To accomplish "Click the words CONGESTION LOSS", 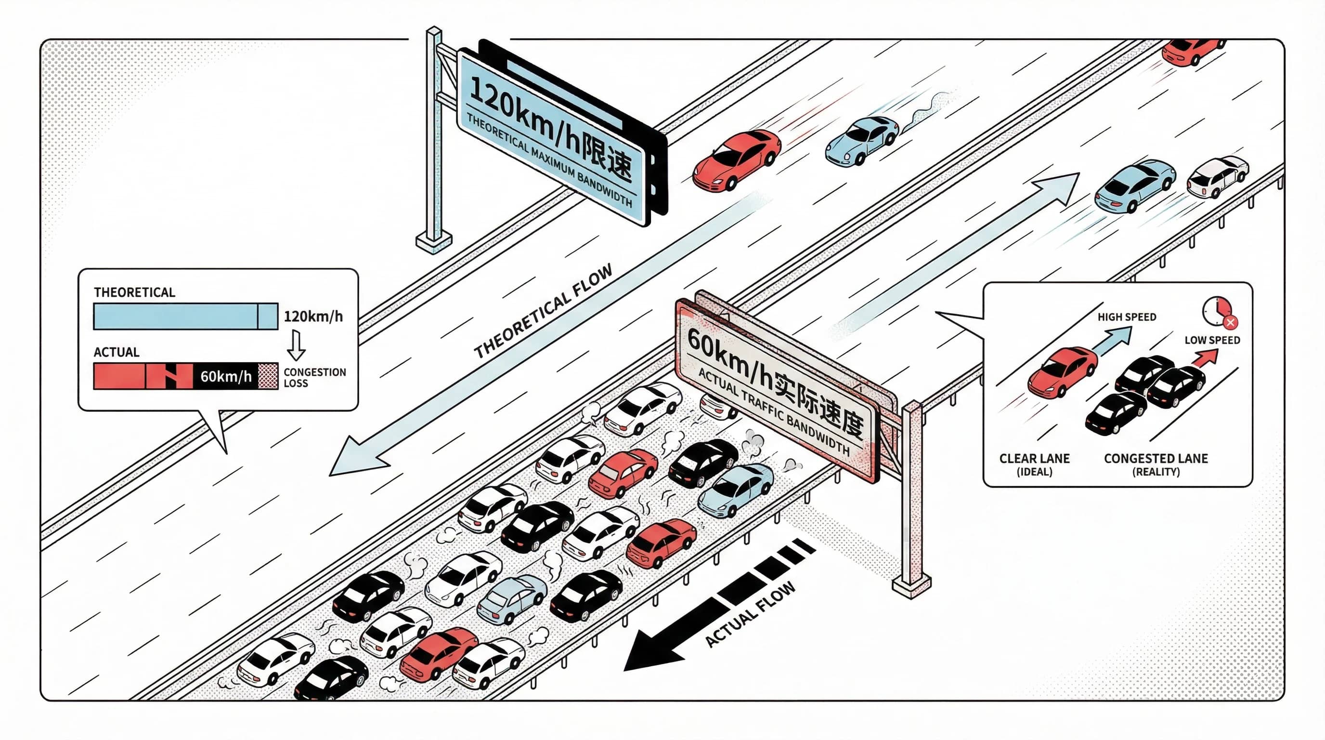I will pos(314,377).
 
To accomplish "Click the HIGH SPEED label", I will pos(1127,317).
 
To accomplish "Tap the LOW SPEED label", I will pos(1212,340).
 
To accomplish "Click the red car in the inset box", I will pos(1062,371).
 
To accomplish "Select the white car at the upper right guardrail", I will pos(1217,177).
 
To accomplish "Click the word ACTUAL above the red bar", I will pos(116,352).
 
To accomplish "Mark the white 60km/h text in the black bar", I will pos(225,377).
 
